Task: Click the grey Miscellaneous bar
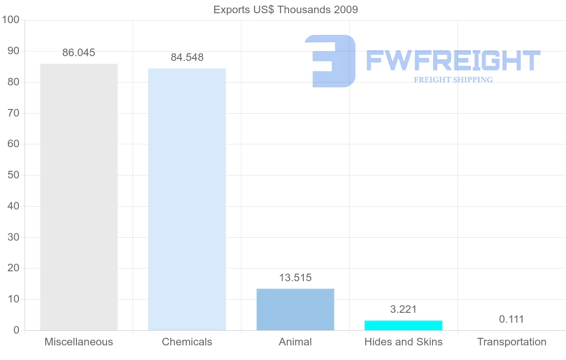[x=79, y=197]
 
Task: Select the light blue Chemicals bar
[x=187, y=199]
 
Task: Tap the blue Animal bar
[x=295, y=309]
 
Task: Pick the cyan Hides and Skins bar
[x=403, y=325]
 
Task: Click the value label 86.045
[x=79, y=52]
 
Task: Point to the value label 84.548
[x=187, y=57]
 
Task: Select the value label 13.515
[x=295, y=277]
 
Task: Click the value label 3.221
[x=403, y=310]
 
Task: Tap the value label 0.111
[x=511, y=319]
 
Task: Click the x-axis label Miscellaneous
[x=79, y=342]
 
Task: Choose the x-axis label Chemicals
[x=187, y=342]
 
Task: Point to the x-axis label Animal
[x=295, y=342]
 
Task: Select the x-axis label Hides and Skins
[x=403, y=342]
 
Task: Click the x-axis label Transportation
[x=511, y=342]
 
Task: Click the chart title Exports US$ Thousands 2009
[x=285, y=9]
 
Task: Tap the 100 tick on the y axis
[x=10, y=20]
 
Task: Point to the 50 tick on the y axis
[x=13, y=175]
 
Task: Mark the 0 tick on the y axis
[x=17, y=330]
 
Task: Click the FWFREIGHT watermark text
[x=453, y=60]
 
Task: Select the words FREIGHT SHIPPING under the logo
[x=453, y=80]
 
